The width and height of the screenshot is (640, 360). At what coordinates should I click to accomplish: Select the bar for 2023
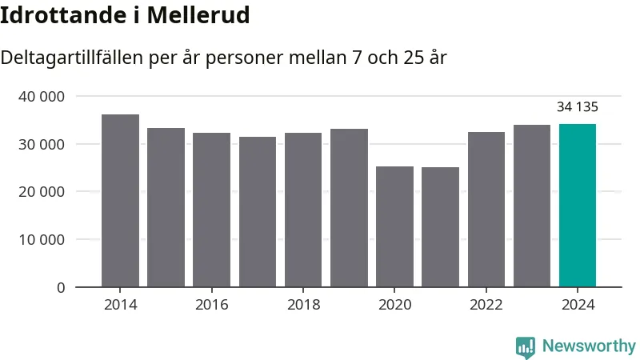(x=532, y=206)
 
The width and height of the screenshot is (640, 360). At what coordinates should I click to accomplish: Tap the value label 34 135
(x=578, y=107)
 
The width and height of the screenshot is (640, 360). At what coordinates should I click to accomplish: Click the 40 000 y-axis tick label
(x=41, y=97)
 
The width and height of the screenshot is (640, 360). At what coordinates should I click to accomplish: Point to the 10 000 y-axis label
(x=41, y=239)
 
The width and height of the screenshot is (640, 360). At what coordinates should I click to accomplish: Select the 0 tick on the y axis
(x=61, y=287)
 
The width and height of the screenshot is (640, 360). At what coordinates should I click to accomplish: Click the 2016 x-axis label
(x=212, y=305)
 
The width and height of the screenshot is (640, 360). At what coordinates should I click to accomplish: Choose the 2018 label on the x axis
(x=303, y=305)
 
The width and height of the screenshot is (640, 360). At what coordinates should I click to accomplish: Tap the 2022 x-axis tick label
(x=486, y=305)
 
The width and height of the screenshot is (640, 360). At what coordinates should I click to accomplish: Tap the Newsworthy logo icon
(x=526, y=346)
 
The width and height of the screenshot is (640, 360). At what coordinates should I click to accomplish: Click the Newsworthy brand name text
(x=589, y=346)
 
